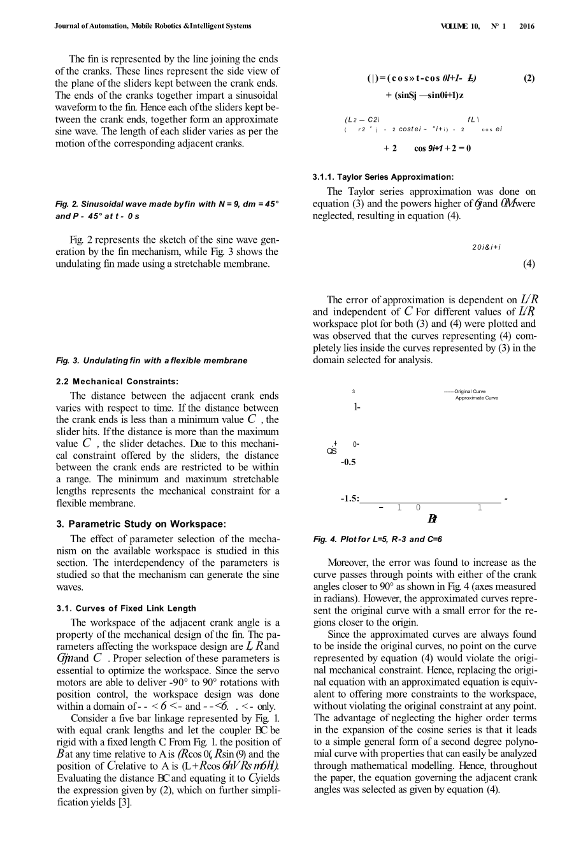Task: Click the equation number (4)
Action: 529,264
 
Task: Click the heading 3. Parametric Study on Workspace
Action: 141,524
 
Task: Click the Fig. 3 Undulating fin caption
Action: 152,361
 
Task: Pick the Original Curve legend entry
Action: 469,391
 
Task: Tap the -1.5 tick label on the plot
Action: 349,498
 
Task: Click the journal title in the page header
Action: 153,26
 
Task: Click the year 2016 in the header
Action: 527,27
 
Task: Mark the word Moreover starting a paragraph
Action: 349,563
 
